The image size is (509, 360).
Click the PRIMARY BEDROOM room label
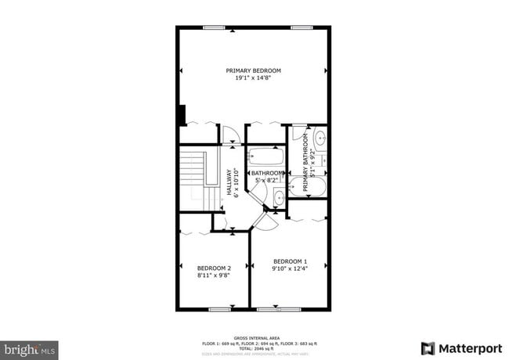click(253, 70)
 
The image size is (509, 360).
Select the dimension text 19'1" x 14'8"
click(253, 77)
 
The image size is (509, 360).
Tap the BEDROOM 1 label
click(290, 261)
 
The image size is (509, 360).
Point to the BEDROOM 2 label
click(214, 268)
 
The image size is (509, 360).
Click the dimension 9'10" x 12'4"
click(290, 268)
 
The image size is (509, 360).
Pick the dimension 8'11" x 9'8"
click(214, 275)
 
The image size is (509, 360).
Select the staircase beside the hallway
click(194, 180)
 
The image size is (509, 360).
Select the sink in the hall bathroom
click(279, 196)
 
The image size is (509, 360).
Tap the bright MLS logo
click(30, 349)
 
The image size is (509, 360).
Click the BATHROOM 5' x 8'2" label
click(267, 176)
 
